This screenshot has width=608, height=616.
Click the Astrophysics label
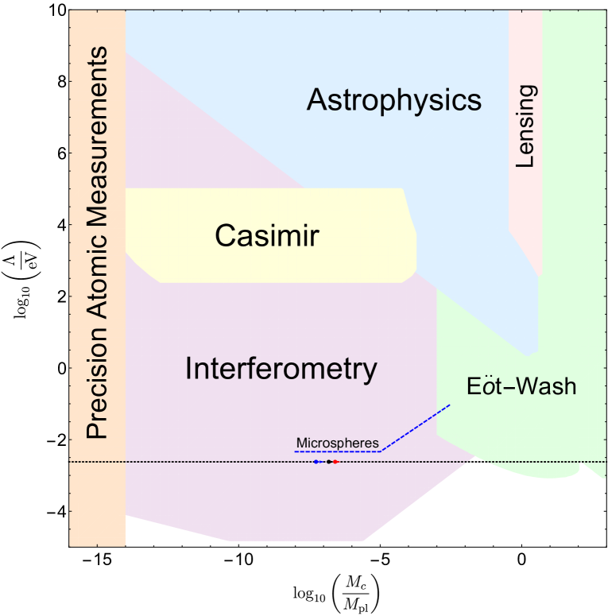(394, 101)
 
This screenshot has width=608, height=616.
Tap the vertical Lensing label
(526, 127)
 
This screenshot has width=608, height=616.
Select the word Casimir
(267, 236)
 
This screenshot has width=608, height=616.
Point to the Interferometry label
(281, 369)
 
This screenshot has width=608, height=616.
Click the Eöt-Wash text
(521, 387)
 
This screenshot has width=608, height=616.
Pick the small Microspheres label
(337, 443)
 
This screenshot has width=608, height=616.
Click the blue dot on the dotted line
(316, 462)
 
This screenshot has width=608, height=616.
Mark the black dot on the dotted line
(328, 462)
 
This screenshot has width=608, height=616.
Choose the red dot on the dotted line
(336, 462)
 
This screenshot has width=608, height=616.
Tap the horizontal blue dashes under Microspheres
(338, 451)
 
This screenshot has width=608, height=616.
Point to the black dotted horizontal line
(199, 462)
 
